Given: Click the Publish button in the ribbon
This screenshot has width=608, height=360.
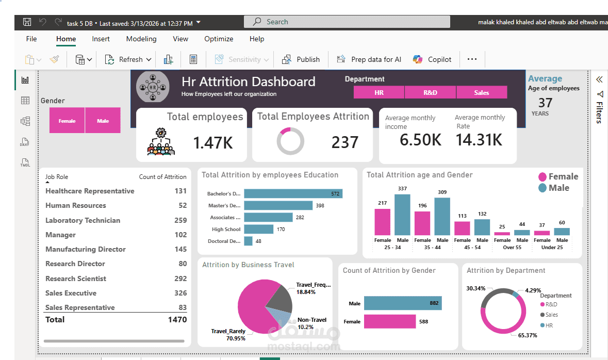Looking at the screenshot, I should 301,59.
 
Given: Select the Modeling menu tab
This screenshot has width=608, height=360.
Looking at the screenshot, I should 141,39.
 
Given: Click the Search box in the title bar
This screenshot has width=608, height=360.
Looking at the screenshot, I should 347,22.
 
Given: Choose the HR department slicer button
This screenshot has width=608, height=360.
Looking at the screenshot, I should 379,92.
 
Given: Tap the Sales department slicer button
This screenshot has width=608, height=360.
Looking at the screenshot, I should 481,92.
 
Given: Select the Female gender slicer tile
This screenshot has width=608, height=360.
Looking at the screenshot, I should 67,121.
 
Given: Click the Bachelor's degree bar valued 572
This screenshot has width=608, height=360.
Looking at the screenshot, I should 293,193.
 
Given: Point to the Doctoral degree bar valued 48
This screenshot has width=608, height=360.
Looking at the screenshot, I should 248,241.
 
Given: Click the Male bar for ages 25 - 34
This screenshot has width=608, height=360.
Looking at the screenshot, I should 402,215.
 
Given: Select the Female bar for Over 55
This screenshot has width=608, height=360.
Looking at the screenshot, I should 502,233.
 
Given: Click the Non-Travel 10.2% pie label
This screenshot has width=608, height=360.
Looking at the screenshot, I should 312,323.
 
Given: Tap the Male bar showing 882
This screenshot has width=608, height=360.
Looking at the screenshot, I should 402,303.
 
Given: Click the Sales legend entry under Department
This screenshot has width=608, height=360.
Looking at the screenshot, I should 551,315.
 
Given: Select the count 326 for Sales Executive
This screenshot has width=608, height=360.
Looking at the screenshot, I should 180,293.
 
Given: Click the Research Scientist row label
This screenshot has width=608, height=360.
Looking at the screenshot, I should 76,279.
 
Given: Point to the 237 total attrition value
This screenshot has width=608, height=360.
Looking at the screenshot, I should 344,142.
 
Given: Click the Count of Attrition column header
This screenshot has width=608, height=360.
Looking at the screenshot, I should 162,177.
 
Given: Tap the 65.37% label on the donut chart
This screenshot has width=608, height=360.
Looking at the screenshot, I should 527,335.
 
